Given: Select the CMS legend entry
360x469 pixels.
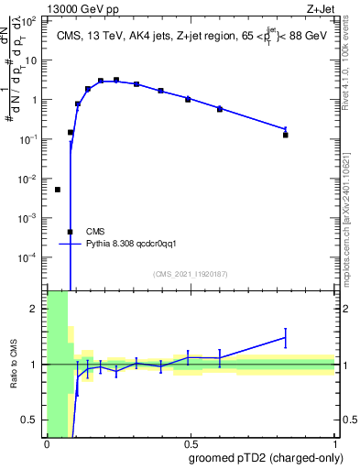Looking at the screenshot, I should [x=95, y=231].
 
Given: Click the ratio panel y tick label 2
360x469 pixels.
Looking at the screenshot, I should [x=36, y=309].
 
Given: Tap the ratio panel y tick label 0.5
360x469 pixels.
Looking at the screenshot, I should [x=30, y=420].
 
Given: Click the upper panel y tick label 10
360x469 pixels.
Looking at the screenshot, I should [x=33, y=60].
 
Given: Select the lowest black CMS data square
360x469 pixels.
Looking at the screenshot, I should [x=70, y=232].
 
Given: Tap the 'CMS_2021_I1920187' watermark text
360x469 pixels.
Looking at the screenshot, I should [x=191, y=274].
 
